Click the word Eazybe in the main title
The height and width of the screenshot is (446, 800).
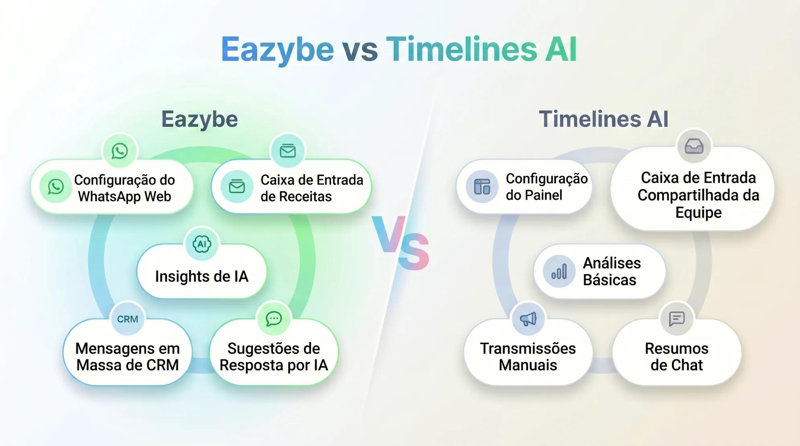click(x=277, y=49)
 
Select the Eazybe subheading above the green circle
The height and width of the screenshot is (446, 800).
click(x=199, y=119)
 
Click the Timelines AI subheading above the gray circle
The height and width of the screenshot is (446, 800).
click(x=604, y=119)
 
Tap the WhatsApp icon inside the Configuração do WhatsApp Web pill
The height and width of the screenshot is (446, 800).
click(x=56, y=186)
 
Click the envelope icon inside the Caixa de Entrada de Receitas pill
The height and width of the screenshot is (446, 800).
click(x=237, y=187)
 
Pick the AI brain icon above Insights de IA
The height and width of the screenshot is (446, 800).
click(x=202, y=244)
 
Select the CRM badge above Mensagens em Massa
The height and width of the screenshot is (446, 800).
click(x=127, y=319)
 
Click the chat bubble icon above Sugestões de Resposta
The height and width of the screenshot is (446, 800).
click(x=274, y=319)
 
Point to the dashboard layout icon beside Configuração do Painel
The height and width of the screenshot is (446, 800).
click(x=482, y=187)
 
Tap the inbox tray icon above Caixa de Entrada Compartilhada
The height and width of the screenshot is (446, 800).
click(x=694, y=146)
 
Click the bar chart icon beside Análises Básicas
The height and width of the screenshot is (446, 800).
click(x=559, y=271)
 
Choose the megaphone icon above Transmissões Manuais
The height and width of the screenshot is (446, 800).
click(x=528, y=319)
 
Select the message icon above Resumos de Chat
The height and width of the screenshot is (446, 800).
click(x=677, y=319)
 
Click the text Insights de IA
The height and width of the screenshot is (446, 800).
click(x=202, y=277)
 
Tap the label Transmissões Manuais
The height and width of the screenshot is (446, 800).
click(x=528, y=356)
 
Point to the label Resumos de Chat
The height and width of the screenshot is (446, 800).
click(x=677, y=356)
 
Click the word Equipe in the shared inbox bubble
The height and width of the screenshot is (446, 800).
click(x=698, y=212)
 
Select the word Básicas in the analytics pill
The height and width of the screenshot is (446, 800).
click(x=610, y=280)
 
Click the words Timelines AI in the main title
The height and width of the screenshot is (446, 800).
click(x=481, y=49)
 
